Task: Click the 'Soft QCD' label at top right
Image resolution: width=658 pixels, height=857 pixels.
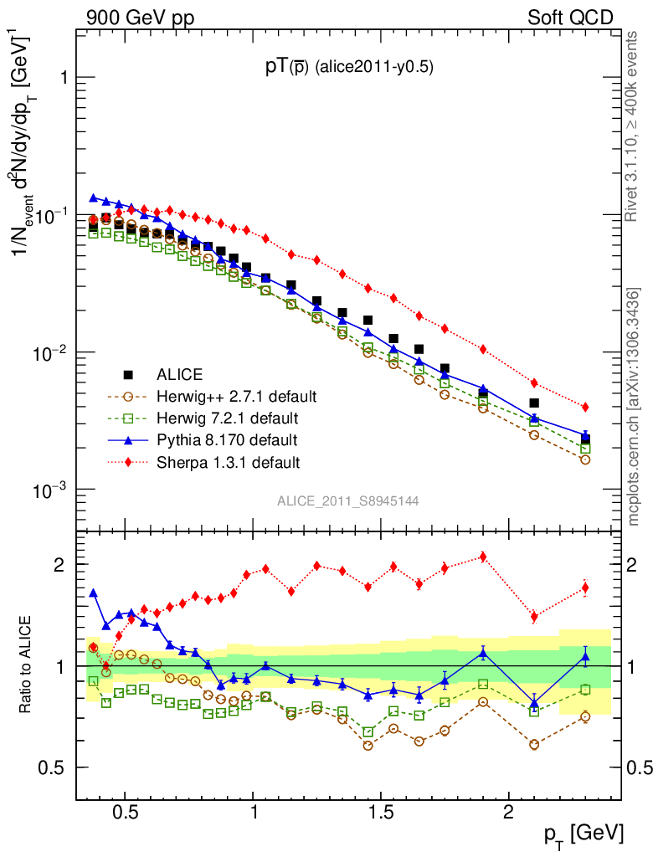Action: coord(569,17)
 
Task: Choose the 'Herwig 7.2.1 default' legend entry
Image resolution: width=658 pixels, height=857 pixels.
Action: coord(229,418)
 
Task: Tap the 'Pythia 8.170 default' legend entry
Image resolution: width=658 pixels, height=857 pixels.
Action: coord(227,439)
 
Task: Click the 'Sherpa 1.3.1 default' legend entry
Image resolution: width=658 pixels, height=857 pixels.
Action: coord(229,461)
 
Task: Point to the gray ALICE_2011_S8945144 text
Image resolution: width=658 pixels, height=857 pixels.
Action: coord(348,500)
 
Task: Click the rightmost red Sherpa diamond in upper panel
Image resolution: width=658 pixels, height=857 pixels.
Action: coord(585,408)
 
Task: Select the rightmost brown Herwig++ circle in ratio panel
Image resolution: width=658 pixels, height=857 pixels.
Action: coord(585,716)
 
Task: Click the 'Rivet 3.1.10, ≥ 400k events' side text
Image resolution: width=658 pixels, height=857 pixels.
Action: coord(634,126)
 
